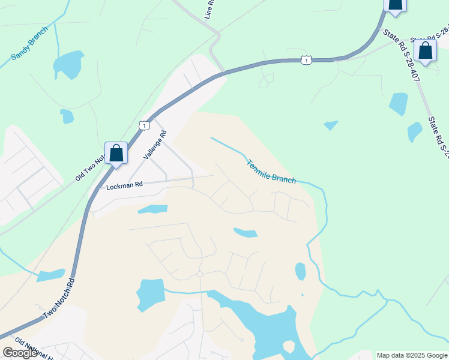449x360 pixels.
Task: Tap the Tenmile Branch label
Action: pos(271,171)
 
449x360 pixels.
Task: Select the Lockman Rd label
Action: pos(124,186)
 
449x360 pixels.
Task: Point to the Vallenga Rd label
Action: pos(154,145)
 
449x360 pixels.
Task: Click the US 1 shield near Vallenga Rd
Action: pos(143,125)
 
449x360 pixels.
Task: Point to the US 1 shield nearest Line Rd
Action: pos(307,60)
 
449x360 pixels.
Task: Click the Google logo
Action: pos(20,353)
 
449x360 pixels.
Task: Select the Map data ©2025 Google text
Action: pos(412,355)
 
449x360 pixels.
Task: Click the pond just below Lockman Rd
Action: pos(152,209)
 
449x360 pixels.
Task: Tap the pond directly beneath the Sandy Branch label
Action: pos(68,64)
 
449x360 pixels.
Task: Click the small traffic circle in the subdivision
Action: pos(200,274)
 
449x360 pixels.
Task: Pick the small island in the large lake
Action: pos(289,346)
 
